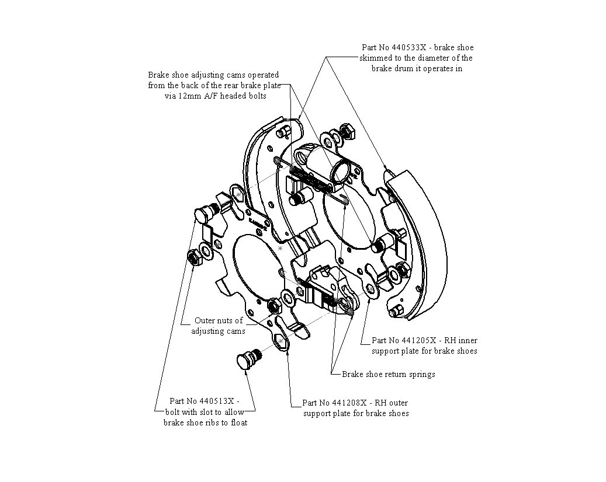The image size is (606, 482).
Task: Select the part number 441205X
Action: click(419, 340)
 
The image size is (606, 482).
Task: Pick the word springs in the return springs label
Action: click(420, 374)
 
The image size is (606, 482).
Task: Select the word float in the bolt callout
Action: click(239, 422)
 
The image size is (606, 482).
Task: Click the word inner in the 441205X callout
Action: click(468, 340)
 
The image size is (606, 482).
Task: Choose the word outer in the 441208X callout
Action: click(399, 403)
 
